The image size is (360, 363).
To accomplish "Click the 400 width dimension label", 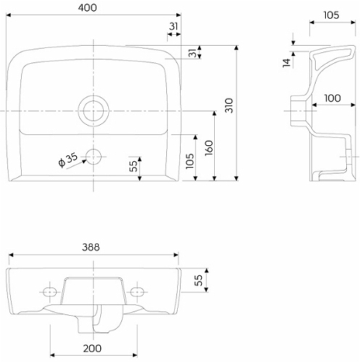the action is (x=87, y=8).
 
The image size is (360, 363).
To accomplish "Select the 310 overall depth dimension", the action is (x=229, y=105).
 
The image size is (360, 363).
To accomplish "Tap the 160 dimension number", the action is (x=209, y=148).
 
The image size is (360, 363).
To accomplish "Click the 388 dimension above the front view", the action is (x=91, y=247).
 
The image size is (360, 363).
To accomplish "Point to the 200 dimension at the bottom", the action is (x=92, y=348).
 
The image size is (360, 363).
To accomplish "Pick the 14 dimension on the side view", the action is (x=287, y=62).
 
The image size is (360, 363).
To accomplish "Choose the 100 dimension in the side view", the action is (x=332, y=98).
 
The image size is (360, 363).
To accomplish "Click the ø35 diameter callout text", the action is (x=68, y=160).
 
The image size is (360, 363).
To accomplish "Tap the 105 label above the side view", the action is (x=331, y=15).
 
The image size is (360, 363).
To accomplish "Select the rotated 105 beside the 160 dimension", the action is (x=190, y=161).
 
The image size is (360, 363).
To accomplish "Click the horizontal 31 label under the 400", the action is (x=173, y=26).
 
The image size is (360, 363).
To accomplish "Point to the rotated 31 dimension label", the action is (x=192, y=53).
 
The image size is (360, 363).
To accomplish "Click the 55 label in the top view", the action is (x=133, y=166).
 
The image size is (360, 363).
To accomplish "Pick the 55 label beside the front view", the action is (x=198, y=280).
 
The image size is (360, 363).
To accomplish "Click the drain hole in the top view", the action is (x=94, y=111).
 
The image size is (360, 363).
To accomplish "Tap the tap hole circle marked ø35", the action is (x=94, y=157).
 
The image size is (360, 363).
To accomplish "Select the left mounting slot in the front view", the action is (x=49, y=292).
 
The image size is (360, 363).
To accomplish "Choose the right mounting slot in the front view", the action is (x=137, y=292).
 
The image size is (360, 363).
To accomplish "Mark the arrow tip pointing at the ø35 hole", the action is (x=86, y=160).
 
